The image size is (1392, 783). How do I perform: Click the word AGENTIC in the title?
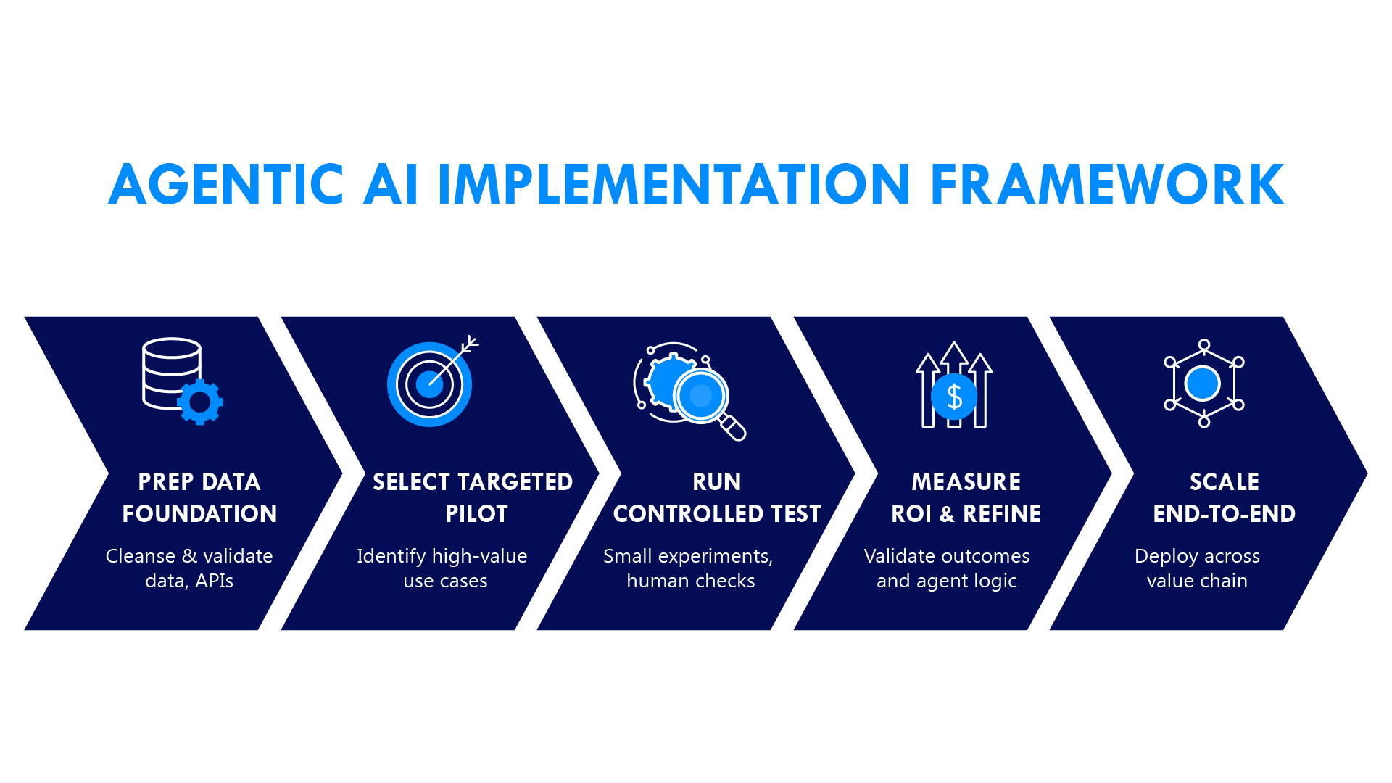coord(225,184)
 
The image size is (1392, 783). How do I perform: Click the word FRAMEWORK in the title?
coord(1106,184)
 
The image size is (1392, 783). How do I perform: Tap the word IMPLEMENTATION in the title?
coord(674,184)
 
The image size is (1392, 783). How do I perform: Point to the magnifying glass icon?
coord(703,397)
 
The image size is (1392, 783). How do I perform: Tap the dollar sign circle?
coord(954,397)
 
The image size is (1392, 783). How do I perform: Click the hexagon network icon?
coord(1203,384)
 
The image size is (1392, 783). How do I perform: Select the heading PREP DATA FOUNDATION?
coord(199,497)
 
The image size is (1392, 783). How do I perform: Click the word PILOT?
coord(476,514)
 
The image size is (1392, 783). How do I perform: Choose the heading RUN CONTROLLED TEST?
coord(717,497)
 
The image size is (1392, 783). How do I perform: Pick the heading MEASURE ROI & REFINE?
coord(966,497)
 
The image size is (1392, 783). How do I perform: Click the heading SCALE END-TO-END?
coord(1224,497)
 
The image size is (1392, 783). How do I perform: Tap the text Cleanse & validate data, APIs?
coord(189,568)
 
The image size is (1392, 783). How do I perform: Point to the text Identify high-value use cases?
coord(442,568)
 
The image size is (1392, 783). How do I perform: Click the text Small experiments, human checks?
coord(689,568)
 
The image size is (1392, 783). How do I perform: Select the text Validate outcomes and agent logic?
coord(947,568)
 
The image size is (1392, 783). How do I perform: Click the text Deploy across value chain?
coord(1197,568)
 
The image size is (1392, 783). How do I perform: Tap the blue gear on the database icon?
coord(200,402)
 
